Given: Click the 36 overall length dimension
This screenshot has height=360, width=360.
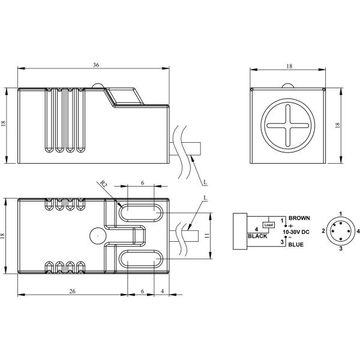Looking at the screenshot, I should [x=96, y=65].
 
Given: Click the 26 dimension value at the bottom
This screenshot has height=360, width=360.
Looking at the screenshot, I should [x=72, y=290].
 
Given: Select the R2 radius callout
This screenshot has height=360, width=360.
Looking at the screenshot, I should [x=103, y=186].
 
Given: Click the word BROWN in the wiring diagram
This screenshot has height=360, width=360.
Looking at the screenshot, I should [x=299, y=218].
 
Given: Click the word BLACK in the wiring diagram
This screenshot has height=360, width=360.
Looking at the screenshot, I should [x=258, y=236].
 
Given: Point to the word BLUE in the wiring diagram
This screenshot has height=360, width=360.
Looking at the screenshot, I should [x=296, y=245].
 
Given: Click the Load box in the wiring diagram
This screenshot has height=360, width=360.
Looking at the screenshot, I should [x=269, y=225].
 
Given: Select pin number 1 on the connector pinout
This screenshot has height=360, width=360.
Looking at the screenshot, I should [x=340, y=214].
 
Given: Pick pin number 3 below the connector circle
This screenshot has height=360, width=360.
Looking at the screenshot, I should [x=340, y=248].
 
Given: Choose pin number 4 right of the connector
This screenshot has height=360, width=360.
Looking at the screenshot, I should [x=358, y=231].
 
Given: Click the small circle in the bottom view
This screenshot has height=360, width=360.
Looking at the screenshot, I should [x=96, y=236].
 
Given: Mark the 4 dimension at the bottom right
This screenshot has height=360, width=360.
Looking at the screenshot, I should [x=162, y=290].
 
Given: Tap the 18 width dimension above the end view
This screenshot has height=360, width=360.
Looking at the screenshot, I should [x=289, y=65].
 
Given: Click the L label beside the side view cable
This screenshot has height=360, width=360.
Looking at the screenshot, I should [x=205, y=181].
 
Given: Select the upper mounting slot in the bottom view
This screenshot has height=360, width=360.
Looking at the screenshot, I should [x=141, y=212].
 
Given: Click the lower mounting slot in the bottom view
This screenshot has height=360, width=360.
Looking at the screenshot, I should [x=141, y=259].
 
